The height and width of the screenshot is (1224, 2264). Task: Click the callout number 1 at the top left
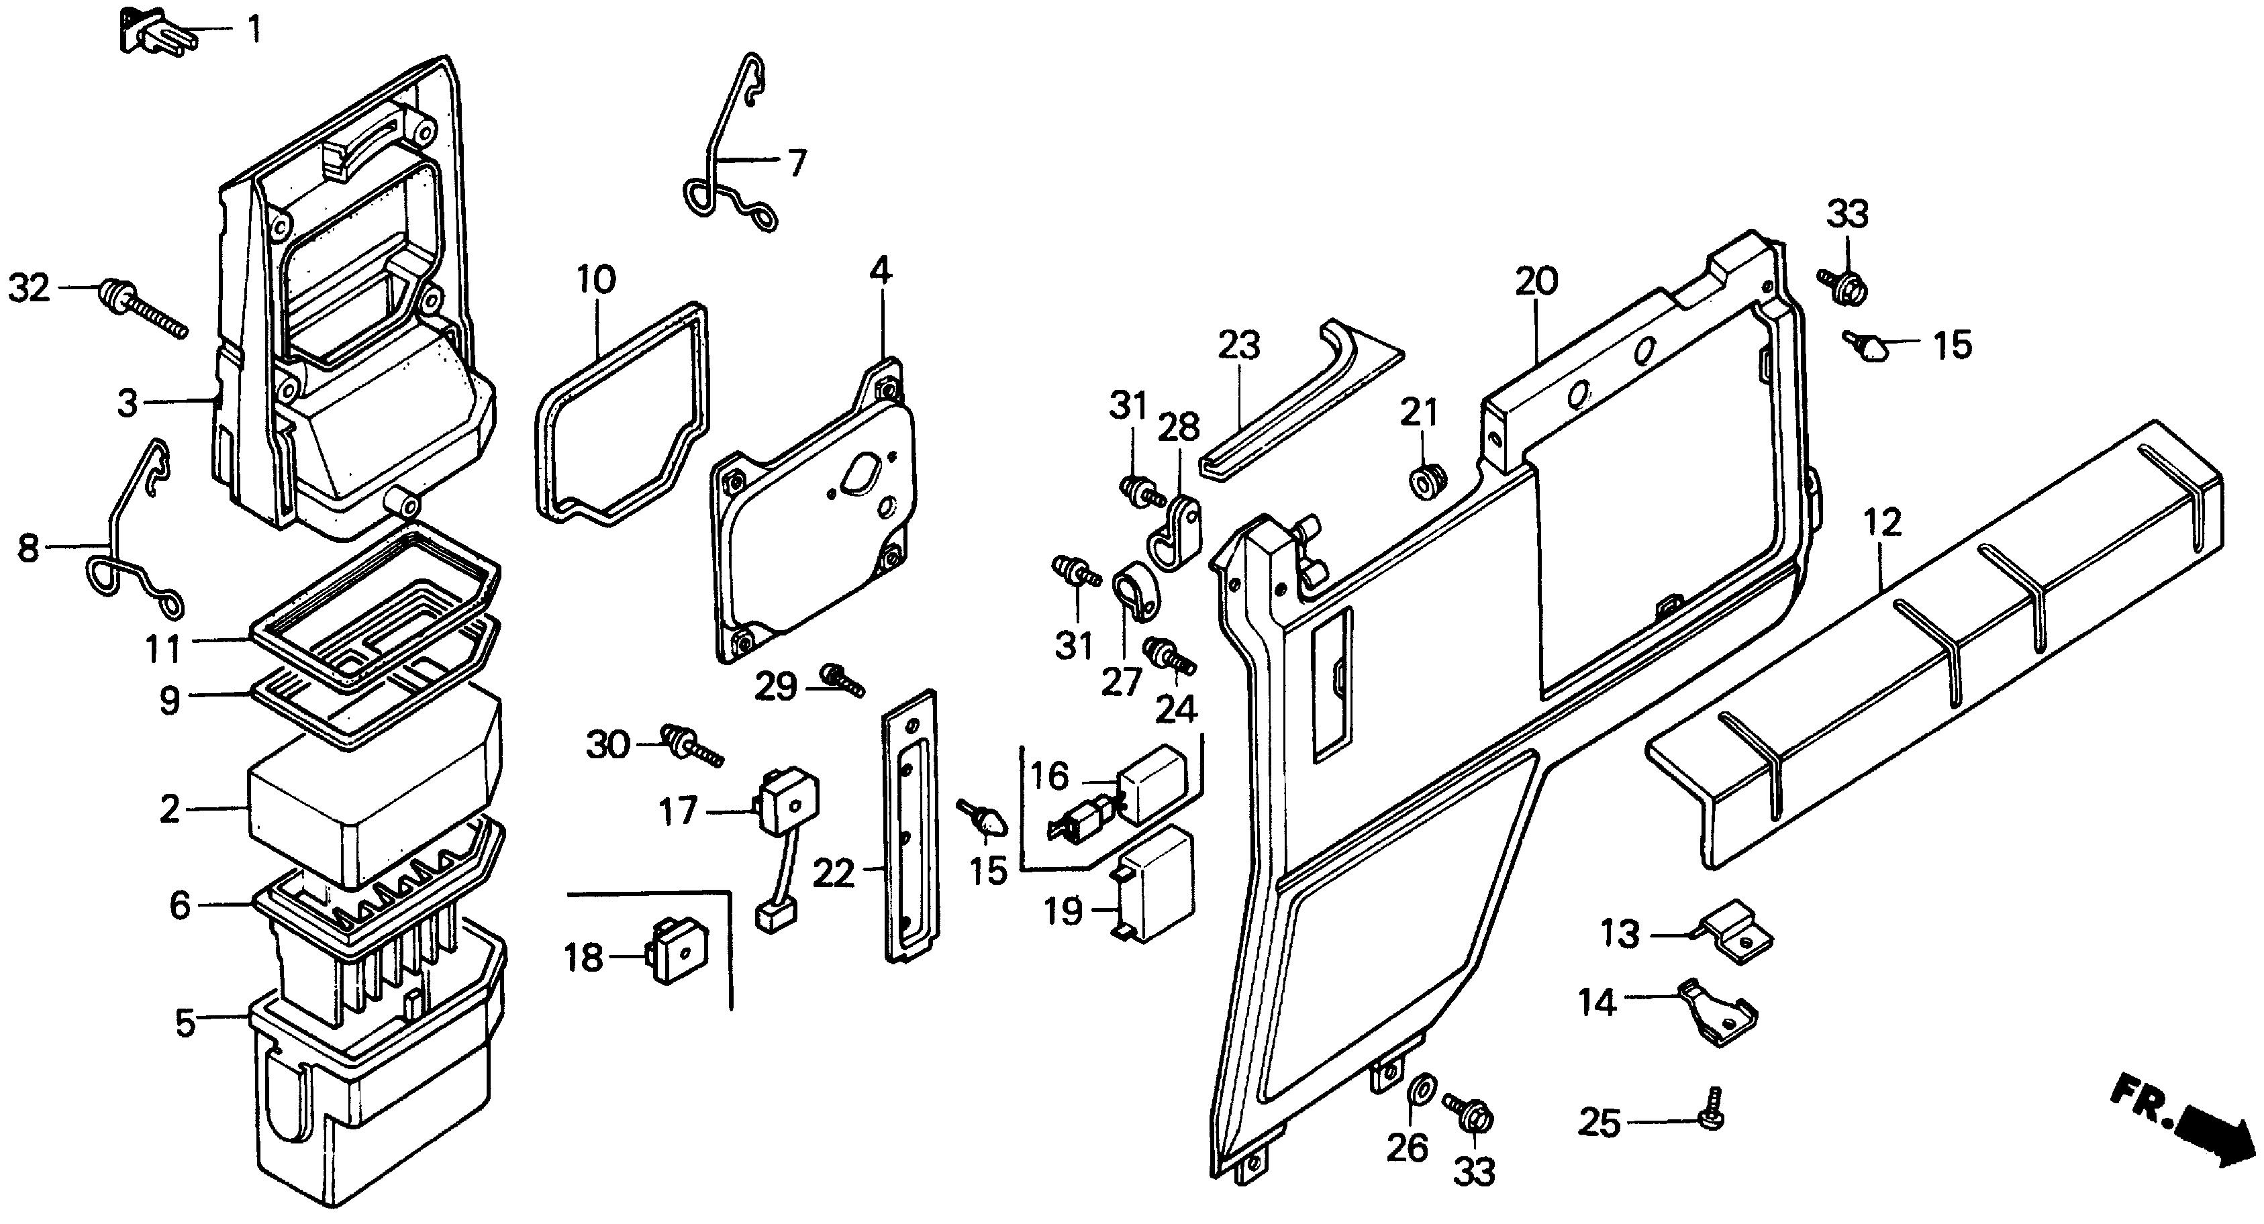(x=253, y=30)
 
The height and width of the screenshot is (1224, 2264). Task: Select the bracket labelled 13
(x=1735, y=937)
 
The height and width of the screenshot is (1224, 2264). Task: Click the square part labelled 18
(x=679, y=949)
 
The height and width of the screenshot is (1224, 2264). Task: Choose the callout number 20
(x=1536, y=281)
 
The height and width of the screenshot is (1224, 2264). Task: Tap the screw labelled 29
(x=842, y=679)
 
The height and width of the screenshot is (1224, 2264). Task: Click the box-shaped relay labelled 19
(x=1154, y=882)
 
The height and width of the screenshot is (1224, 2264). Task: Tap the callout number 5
(x=185, y=1023)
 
